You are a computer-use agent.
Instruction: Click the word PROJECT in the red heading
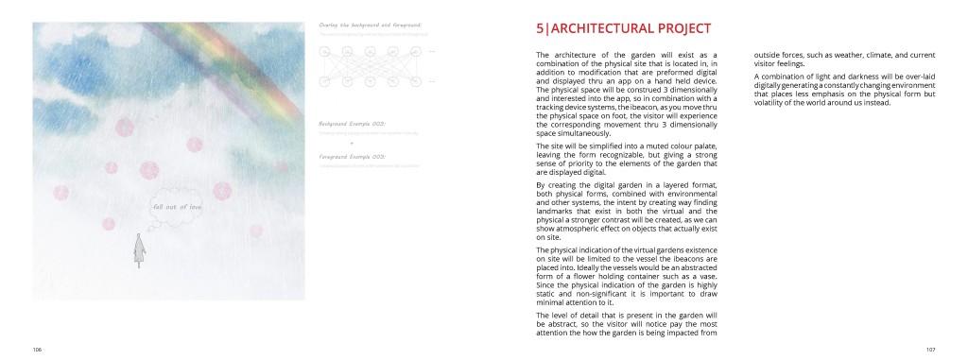pos(679,29)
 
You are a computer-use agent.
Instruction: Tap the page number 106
pos(37,349)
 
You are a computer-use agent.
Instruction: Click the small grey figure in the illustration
pos(140,249)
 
